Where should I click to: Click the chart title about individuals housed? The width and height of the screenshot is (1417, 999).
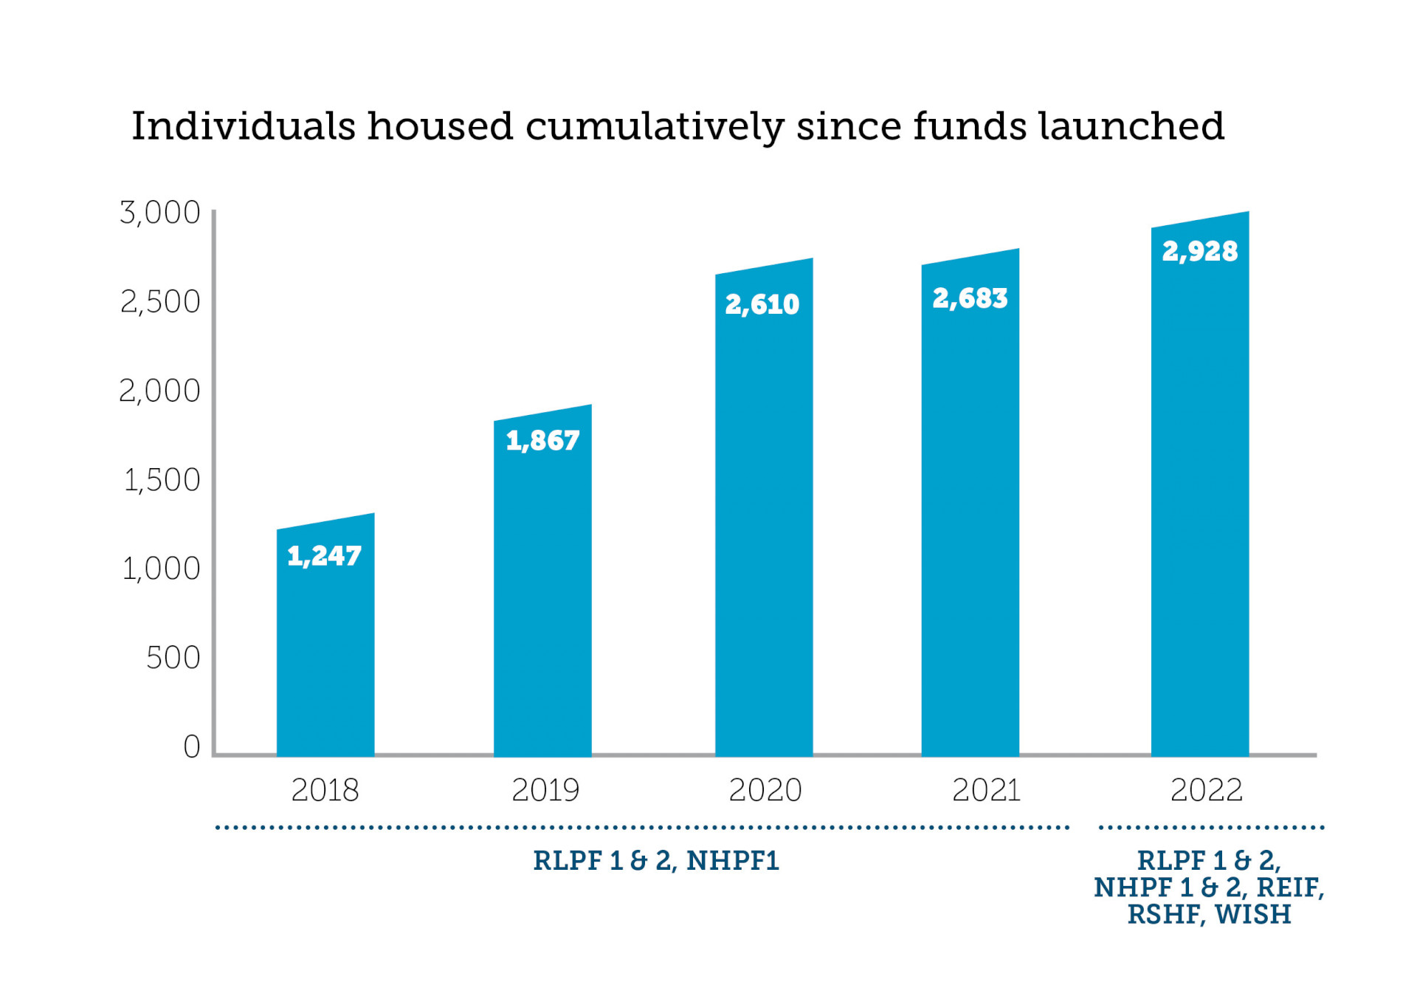(x=678, y=126)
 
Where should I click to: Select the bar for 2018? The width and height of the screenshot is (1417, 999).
(x=325, y=650)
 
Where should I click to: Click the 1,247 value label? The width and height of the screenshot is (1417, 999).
(x=324, y=556)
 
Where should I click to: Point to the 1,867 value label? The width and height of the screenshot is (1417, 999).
(x=542, y=441)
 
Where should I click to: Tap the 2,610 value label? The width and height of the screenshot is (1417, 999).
(x=762, y=304)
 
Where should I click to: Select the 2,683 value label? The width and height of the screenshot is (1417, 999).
(x=970, y=298)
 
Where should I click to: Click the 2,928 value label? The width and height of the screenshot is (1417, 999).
(x=1200, y=251)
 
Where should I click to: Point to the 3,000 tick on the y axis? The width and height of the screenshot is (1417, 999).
(x=160, y=213)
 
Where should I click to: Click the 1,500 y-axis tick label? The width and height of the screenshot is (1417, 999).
(x=162, y=480)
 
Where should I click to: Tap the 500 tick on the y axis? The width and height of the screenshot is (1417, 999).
(x=173, y=658)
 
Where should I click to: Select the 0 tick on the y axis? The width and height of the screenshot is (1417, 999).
(x=192, y=746)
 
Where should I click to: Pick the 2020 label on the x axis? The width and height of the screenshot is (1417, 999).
(x=765, y=790)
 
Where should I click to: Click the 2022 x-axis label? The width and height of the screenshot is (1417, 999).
(x=1207, y=790)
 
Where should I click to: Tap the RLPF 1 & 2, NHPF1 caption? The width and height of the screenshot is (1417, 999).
(x=656, y=860)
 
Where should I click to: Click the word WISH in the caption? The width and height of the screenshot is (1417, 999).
(x=1252, y=914)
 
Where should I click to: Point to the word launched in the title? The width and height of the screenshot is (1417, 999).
(x=1131, y=126)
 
